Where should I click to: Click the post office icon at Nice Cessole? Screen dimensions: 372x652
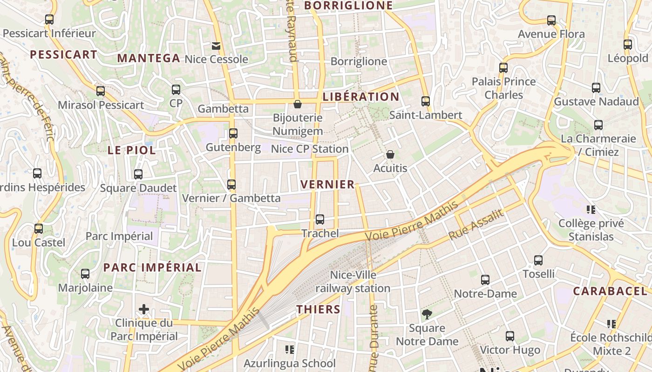coord(216,46)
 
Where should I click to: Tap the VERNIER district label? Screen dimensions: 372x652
coord(328,184)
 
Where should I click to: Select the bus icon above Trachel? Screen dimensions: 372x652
coord(319,219)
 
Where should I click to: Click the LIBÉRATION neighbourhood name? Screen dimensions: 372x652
coord(361,97)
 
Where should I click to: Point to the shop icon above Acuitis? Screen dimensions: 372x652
coord(390,154)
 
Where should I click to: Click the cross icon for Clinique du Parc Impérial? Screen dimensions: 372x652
coord(144,309)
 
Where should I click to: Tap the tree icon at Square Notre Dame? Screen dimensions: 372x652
coord(427,314)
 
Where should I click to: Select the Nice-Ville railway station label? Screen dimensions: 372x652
coord(353,281)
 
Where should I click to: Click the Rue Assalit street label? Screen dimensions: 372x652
coord(476,225)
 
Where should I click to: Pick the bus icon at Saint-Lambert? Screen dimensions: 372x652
coord(425,101)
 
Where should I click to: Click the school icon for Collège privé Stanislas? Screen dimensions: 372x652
coord(591,209)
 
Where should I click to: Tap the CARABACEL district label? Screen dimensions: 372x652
coord(610,291)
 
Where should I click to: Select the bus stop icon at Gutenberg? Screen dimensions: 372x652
coord(233,133)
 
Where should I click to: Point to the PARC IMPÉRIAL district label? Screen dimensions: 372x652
coord(152,267)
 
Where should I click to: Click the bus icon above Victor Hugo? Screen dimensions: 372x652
coord(510,336)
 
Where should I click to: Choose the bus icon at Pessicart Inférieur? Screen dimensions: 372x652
coord(49,20)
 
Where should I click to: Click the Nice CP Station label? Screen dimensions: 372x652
coord(310,149)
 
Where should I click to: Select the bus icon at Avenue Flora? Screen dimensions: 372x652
coord(551,20)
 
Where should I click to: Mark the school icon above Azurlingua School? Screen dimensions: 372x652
coord(290,349)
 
